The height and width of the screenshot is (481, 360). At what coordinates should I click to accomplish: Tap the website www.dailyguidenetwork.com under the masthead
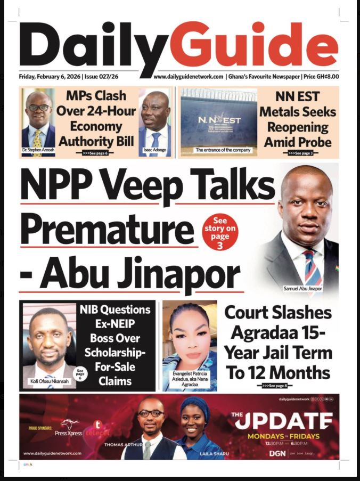click(x=188, y=77)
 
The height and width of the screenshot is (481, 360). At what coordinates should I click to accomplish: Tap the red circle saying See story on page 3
click(x=220, y=232)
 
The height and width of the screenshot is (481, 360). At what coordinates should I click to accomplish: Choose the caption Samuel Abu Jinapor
click(x=303, y=288)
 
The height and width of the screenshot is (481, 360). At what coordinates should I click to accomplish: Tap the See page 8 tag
click(x=277, y=385)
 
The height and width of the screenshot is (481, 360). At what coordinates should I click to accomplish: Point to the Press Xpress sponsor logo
click(x=68, y=429)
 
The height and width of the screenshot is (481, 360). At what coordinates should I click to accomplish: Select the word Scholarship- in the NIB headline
click(x=115, y=353)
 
